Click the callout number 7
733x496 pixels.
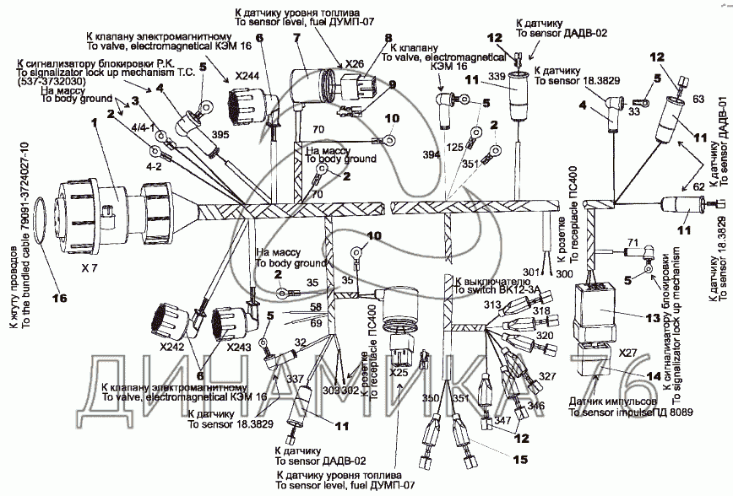296,37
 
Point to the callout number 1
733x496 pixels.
97,121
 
